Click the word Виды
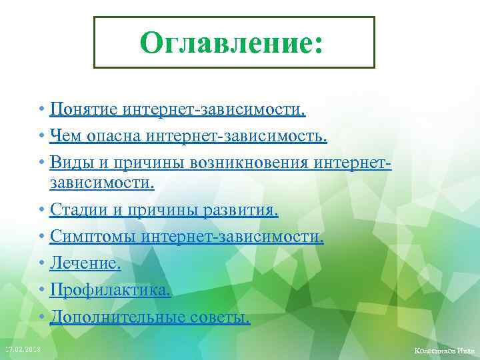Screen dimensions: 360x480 pyautogui.click(x=71, y=163)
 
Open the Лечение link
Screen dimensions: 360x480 pyautogui.click(x=85, y=264)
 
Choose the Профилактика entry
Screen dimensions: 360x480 pyautogui.click(x=110, y=291)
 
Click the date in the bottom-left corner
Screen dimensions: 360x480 pyautogui.click(x=21, y=350)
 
